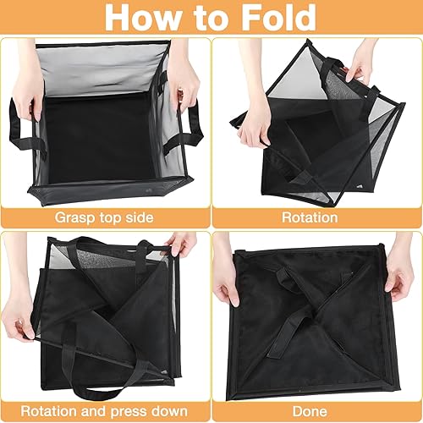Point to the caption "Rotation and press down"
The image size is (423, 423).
point(105,411)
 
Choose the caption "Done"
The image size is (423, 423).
point(316,411)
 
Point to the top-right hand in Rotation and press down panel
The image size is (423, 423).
point(181,244)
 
